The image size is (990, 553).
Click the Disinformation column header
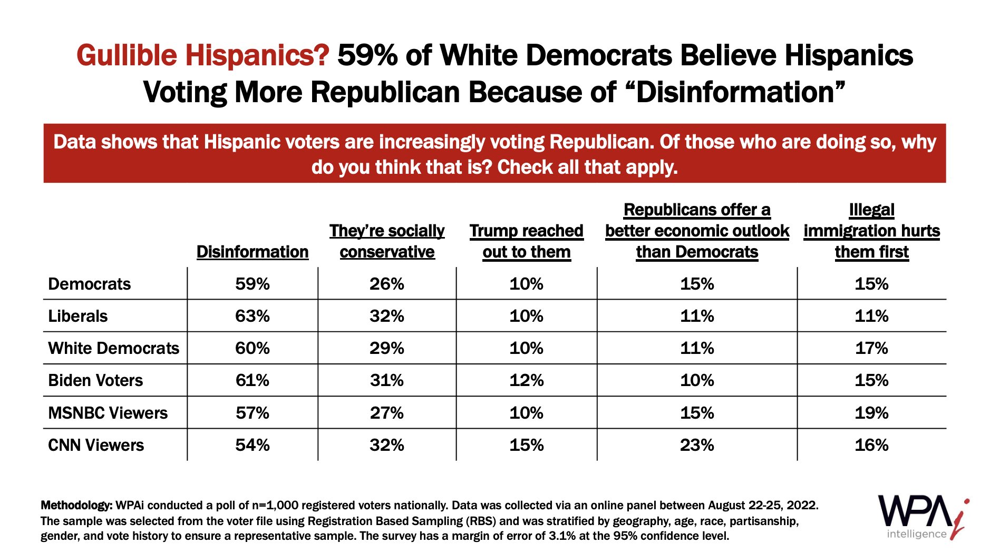253,252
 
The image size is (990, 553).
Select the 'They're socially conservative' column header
387,241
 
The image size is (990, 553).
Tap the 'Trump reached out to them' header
526,241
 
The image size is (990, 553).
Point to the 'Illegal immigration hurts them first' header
871,231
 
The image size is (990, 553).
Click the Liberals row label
78,316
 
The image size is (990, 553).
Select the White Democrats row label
113,348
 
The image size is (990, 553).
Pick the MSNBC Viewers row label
108,413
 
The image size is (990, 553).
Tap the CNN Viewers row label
96,445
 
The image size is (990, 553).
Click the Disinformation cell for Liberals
253,316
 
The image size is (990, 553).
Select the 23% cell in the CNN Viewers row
697,445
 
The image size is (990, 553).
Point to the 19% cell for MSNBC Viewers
871,413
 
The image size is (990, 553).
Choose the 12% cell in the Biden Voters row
526,380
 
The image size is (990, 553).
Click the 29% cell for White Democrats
387,348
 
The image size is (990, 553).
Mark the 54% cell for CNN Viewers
253,445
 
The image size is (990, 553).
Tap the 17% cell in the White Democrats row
871,348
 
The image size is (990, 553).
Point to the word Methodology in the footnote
76,506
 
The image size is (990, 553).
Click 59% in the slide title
367,55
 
